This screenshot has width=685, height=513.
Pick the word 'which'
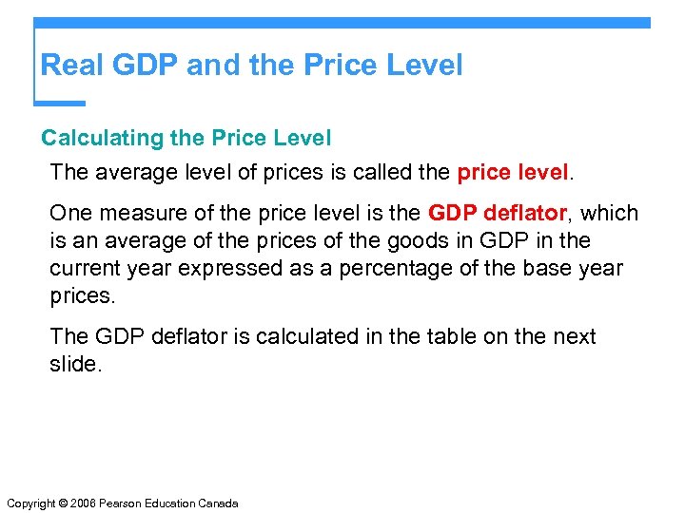(609, 214)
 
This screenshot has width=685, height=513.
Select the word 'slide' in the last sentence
(72, 365)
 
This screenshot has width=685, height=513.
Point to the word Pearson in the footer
(123, 503)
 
